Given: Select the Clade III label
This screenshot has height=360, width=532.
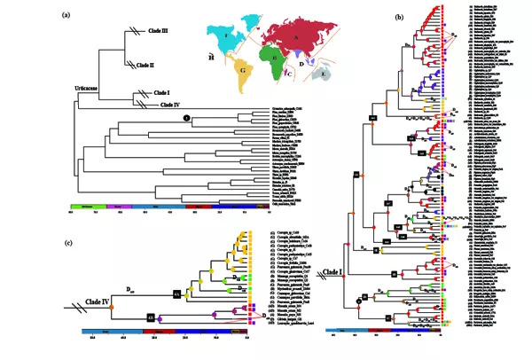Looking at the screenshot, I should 158,30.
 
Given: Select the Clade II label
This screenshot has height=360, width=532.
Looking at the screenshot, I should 158,64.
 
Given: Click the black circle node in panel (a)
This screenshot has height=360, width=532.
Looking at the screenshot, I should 186,117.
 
